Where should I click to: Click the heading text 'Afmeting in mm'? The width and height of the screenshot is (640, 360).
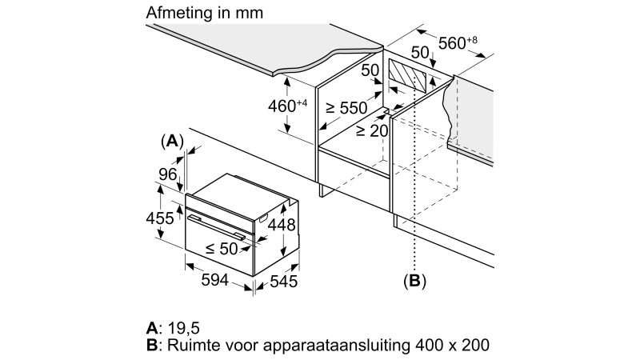204,14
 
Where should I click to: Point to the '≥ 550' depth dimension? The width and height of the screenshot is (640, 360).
345,108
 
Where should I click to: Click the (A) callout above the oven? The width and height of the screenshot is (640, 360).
172,142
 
